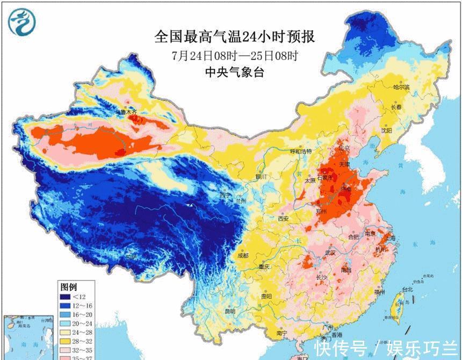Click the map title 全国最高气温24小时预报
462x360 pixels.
[x=234, y=37]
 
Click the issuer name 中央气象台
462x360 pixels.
[x=234, y=73]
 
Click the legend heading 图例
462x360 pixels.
[x=69, y=286]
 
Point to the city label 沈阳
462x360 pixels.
[x=387, y=130]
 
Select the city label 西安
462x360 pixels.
[x=283, y=218]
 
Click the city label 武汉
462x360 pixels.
[x=329, y=253]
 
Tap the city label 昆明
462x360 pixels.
[x=230, y=311]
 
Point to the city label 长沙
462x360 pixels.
[x=321, y=277]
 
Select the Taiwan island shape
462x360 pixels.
[x=399, y=305]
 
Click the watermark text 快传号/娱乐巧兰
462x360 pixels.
[x=385, y=346]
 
